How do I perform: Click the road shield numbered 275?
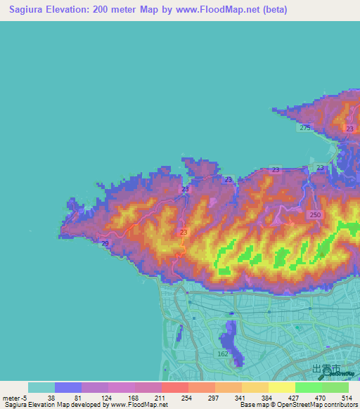[x=304, y=127]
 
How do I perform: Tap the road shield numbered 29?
[x=105, y=243]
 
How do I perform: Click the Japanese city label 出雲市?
[x=326, y=368]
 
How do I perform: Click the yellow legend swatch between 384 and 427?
[x=281, y=387]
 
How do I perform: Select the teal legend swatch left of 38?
[x=41, y=387]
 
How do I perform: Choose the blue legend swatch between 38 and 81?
[x=68, y=387]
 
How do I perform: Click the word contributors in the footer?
[x=340, y=405]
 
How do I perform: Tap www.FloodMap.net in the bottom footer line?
[x=133, y=405]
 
